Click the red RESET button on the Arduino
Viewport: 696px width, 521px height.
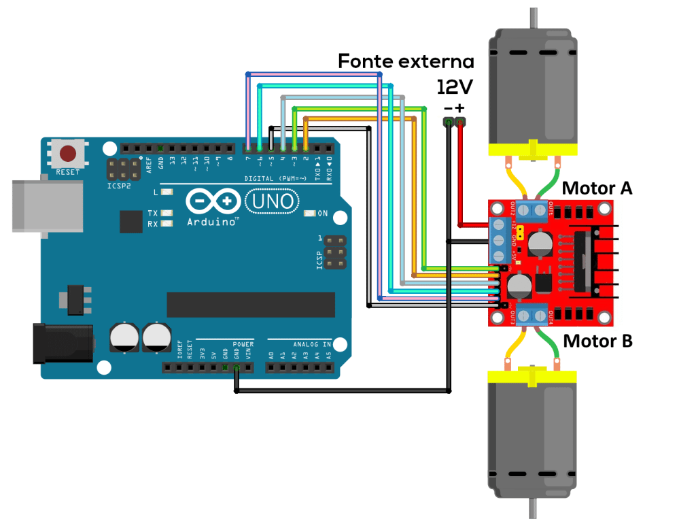(68, 153)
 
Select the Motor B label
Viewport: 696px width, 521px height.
(598, 340)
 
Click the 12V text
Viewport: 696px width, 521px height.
(455, 87)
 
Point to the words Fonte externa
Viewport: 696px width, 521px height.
(406, 61)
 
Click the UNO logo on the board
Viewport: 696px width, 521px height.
(271, 201)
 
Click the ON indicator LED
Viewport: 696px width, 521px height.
(310, 214)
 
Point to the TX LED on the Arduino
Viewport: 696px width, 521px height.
(165, 214)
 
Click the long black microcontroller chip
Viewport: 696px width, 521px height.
(251, 305)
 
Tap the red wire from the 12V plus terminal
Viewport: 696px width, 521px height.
(462, 177)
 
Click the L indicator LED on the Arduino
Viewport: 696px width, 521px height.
(165, 193)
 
